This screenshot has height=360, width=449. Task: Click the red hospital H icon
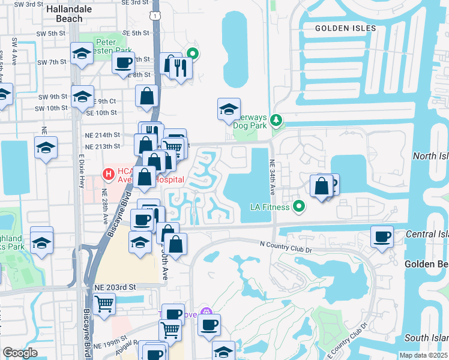coord(109,175)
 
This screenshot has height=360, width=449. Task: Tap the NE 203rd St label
coord(113,288)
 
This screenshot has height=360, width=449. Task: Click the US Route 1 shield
coord(155,16)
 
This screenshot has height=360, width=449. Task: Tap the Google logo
coord(20,353)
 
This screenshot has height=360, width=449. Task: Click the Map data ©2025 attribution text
coord(423,355)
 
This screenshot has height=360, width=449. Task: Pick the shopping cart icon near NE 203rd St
coord(104,304)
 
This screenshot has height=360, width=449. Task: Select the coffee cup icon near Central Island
coord(382,236)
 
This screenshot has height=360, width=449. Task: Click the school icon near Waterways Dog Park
coord(228,109)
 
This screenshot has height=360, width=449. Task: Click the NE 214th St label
coord(103,135)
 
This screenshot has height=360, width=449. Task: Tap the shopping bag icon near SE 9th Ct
coord(146,96)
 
